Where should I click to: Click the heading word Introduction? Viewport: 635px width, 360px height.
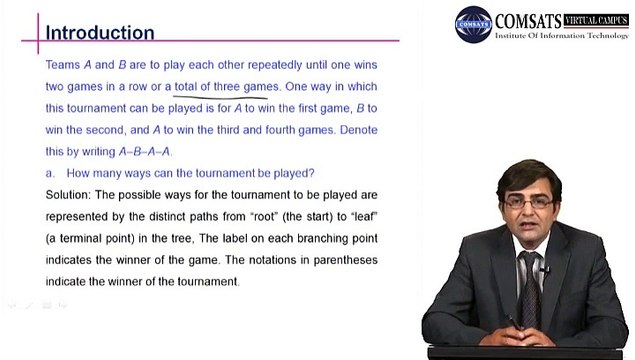point(100,33)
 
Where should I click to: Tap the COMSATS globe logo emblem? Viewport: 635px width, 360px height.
point(473,24)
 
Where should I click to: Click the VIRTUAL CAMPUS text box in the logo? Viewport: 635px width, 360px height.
point(596,20)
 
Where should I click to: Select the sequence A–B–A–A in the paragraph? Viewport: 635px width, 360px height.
point(145,152)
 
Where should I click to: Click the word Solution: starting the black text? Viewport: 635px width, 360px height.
point(68,195)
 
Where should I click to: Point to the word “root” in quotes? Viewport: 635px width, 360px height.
point(263,217)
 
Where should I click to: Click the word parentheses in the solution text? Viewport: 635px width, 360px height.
point(345,260)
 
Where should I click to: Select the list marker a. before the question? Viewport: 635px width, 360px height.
point(50,173)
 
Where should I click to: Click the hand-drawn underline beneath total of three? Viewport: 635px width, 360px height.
point(220,97)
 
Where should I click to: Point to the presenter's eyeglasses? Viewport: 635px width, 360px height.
point(528,202)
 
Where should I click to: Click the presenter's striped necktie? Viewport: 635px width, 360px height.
point(530,288)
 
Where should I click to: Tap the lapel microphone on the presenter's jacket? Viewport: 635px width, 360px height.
point(545,269)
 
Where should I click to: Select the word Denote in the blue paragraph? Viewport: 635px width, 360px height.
point(358,130)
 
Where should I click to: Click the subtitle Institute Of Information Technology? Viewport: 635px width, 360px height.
point(562,36)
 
